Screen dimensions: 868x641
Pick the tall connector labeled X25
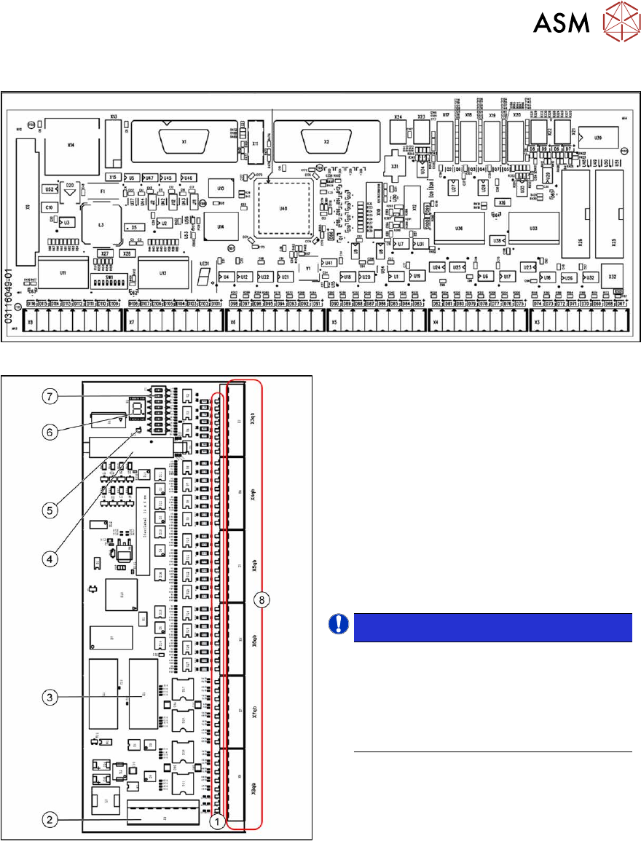click(x=613, y=216)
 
